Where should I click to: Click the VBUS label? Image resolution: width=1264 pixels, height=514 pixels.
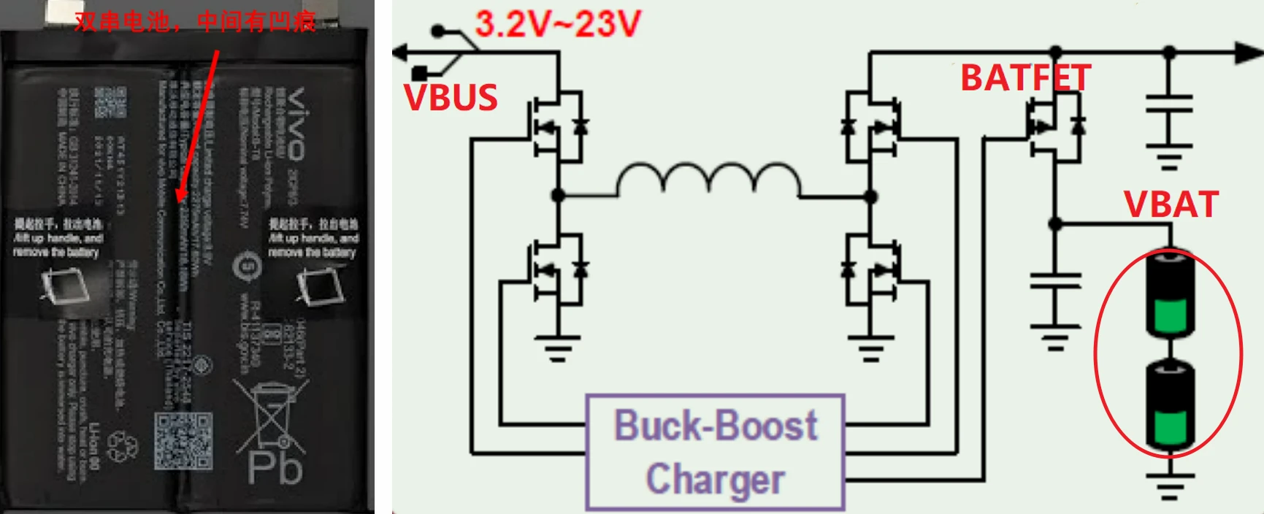tap(451, 98)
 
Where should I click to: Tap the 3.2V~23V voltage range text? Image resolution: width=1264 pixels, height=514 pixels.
tap(557, 24)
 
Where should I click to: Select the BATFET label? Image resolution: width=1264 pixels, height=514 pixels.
tap(1025, 78)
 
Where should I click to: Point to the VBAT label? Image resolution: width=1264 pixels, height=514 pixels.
tap(1171, 204)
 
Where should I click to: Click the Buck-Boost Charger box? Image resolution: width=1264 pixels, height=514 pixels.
tap(716, 452)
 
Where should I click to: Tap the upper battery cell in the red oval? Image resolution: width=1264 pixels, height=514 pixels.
tap(1169, 294)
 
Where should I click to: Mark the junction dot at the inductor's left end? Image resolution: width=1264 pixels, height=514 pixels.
tap(559, 196)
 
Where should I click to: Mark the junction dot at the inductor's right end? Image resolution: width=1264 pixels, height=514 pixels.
tap(870, 196)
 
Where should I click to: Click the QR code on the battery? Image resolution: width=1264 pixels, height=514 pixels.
tap(183, 440)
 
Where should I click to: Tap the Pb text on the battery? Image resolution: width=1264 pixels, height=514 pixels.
tap(275, 468)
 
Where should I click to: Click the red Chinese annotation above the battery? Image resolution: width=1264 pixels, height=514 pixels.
tap(195, 22)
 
